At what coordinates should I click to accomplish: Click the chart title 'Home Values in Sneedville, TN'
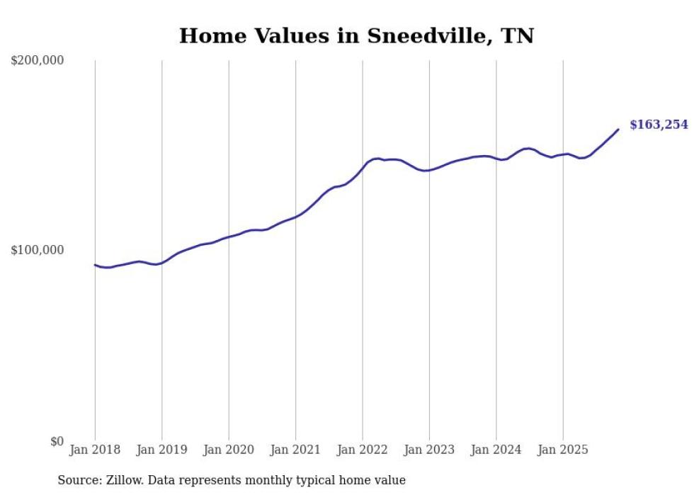pos(356,35)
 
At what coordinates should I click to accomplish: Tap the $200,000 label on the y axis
pos(38,61)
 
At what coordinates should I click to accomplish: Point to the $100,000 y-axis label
pos(38,250)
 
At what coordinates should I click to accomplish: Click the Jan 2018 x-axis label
pos(95,449)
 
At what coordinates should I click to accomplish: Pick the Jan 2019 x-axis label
pos(161,449)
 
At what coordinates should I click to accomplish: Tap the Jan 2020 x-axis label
pos(229,449)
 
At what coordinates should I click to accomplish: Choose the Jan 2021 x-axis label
pos(295,449)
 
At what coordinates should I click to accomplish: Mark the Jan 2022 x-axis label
pos(363,449)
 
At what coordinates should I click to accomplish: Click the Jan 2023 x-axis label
pos(429,449)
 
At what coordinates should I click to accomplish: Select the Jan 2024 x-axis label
pos(496,449)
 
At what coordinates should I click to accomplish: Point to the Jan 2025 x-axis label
pos(563,449)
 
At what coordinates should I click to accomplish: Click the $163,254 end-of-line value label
pos(659,125)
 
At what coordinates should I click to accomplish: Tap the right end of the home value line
pos(618,129)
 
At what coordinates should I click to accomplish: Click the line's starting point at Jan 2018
pos(95,265)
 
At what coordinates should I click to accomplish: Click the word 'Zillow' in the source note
pos(124,480)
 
